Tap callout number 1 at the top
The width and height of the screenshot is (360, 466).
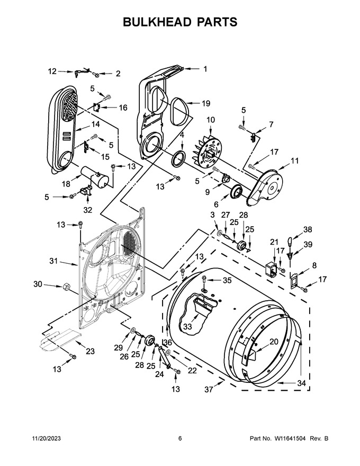pos(205,69)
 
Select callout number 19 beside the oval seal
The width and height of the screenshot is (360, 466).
pos(206,103)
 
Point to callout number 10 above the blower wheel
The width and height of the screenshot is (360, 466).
pos(211,120)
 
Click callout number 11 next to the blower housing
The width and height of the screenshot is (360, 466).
pos(294,161)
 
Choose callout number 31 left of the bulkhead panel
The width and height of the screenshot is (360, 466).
pos(53,261)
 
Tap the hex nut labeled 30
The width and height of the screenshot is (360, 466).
pos(66,287)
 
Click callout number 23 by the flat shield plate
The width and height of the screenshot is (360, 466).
pos(90,351)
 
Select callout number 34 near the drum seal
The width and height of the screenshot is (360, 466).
pos(301,383)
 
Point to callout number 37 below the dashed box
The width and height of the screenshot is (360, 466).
pos(209,389)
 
